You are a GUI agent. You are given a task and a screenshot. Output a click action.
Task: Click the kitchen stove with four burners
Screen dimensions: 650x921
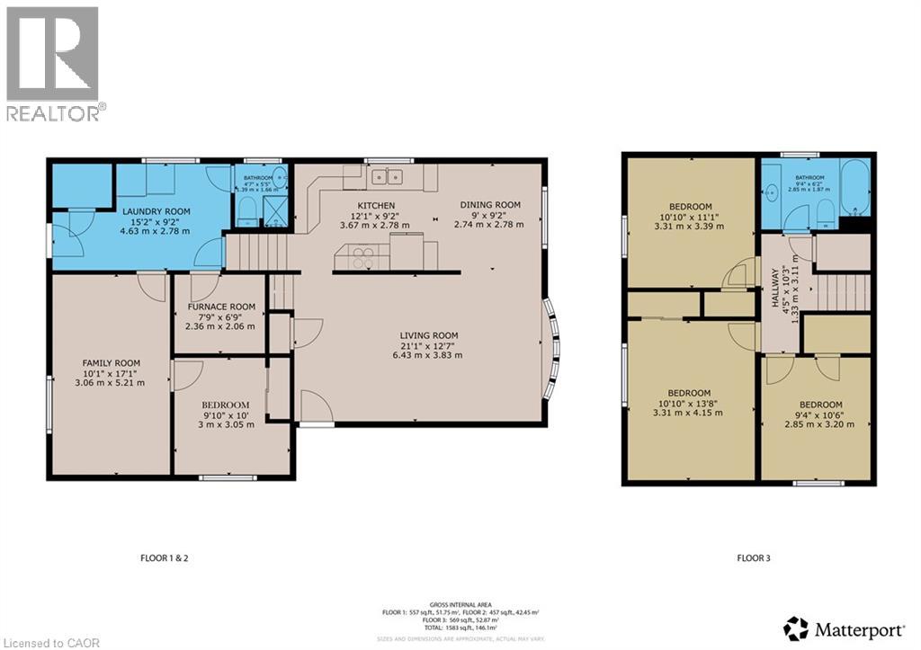pos(362,258)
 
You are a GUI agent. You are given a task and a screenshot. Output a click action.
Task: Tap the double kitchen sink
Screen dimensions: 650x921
pos(389,176)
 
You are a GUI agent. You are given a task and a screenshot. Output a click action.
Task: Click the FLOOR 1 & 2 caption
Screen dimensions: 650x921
pos(165,558)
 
